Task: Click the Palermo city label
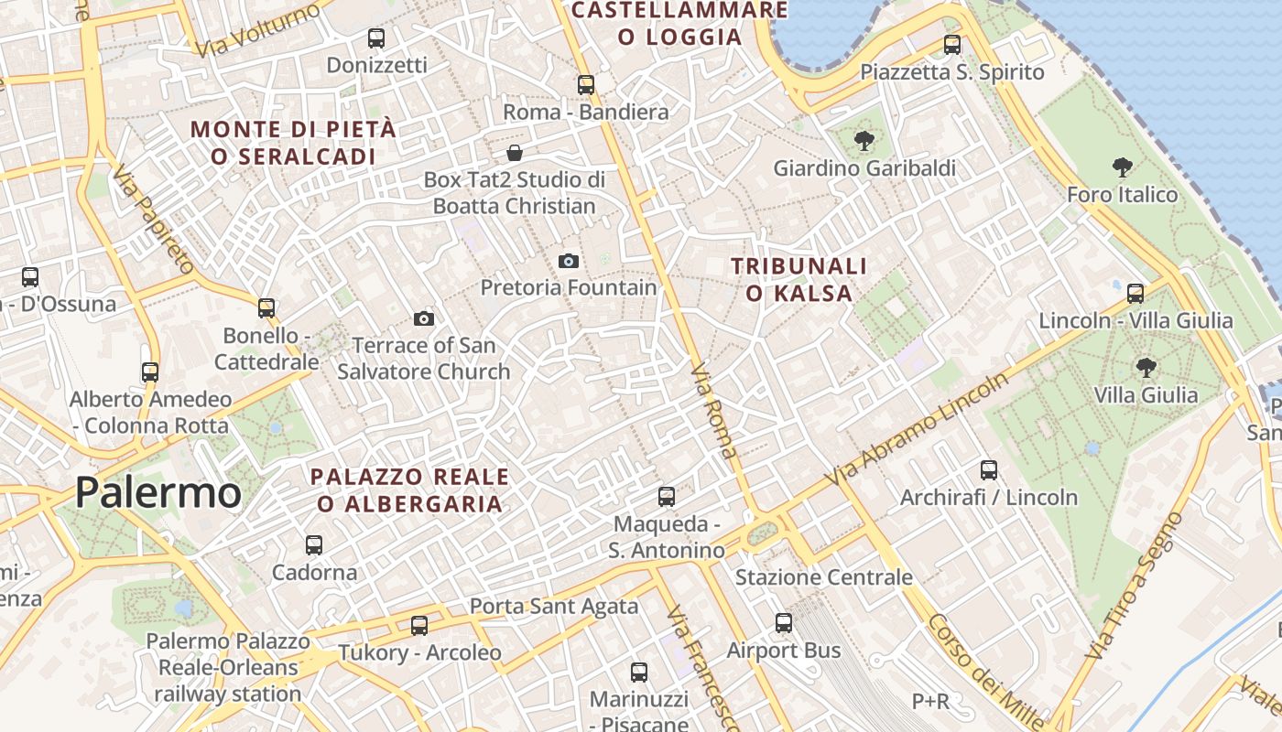pyautogui.click(x=158, y=492)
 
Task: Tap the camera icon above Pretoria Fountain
pyautogui.click(x=569, y=262)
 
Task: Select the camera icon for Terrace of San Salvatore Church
pyautogui.click(x=423, y=318)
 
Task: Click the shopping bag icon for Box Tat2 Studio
pyautogui.click(x=515, y=152)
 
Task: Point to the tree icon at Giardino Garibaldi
pyautogui.click(x=863, y=141)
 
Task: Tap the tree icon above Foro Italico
pyautogui.click(x=1122, y=167)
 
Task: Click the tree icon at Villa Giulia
pyautogui.click(x=1145, y=368)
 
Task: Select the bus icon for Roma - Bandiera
pyautogui.click(x=586, y=85)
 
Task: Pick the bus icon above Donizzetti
pyautogui.click(x=376, y=38)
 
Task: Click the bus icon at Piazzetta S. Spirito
pyautogui.click(x=952, y=44)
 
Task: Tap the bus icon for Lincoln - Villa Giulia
pyautogui.click(x=1135, y=294)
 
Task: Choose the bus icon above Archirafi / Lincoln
pyautogui.click(x=989, y=470)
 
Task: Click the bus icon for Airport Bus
pyautogui.click(x=784, y=623)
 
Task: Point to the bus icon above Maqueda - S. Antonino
pyautogui.click(x=667, y=497)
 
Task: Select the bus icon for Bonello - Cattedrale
pyautogui.click(x=266, y=308)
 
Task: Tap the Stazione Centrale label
pyautogui.click(x=824, y=577)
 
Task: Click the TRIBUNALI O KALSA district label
pyautogui.click(x=799, y=280)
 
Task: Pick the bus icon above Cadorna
pyautogui.click(x=314, y=545)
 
